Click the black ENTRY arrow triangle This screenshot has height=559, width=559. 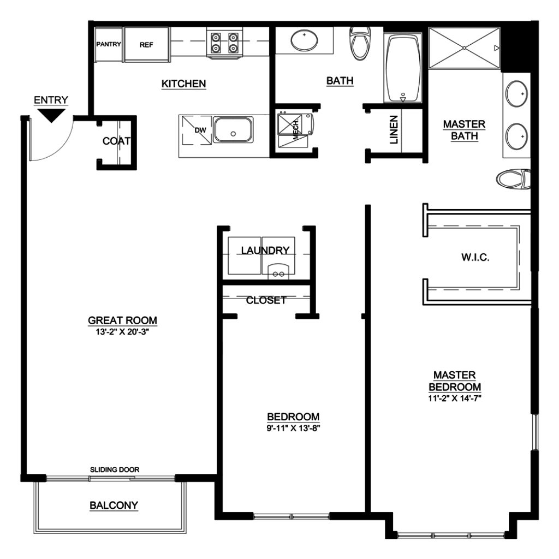(x=52, y=115)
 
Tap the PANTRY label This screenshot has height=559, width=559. (x=109, y=44)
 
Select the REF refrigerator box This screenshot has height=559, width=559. (x=146, y=45)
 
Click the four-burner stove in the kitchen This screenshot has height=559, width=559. (x=224, y=43)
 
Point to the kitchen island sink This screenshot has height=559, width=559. (x=233, y=130)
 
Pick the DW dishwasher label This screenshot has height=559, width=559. (x=200, y=130)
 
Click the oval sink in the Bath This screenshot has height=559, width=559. (x=304, y=40)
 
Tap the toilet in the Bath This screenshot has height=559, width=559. (x=361, y=43)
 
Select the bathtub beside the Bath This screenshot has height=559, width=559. (x=403, y=68)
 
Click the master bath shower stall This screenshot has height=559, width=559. (x=464, y=48)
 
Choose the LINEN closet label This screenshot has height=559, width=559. (x=394, y=130)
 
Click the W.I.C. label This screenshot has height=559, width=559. (x=475, y=257)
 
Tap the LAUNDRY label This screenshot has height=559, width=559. (x=265, y=251)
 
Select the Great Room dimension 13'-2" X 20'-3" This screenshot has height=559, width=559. (x=122, y=332)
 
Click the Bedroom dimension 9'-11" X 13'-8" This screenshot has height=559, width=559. (x=293, y=428)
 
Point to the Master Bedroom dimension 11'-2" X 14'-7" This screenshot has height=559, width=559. (x=455, y=398)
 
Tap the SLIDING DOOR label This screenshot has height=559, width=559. (x=115, y=469)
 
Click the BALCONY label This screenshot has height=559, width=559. (x=114, y=505)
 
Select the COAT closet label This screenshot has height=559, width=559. (x=117, y=141)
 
